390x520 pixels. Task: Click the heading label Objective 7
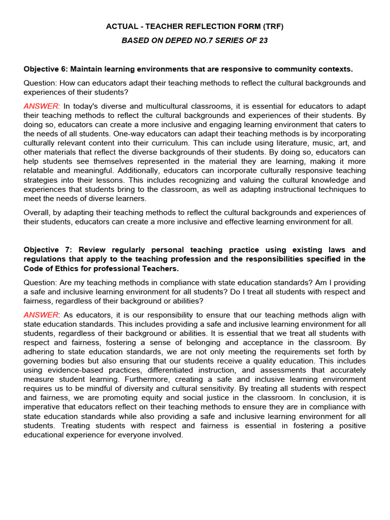click(x=47, y=250)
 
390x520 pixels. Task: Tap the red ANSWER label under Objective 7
click(x=41, y=315)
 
